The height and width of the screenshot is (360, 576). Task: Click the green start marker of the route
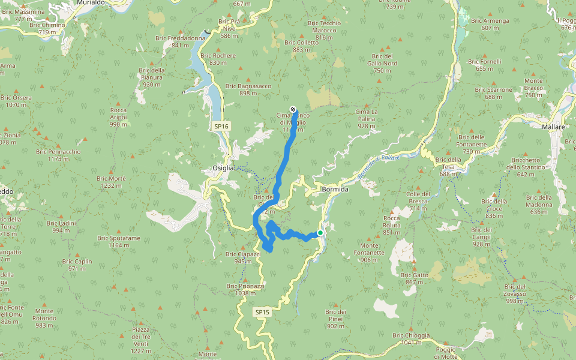(320, 233)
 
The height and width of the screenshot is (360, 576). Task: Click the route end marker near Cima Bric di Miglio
(293, 109)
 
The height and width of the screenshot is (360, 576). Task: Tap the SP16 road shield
(221, 127)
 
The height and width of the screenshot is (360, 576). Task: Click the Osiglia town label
(223, 168)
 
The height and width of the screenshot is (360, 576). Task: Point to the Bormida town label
(335, 189)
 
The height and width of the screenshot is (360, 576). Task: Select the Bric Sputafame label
(119, 241)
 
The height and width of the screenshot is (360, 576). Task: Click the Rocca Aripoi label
(118, 117)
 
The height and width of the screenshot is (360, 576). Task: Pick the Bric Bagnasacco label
(248, 89)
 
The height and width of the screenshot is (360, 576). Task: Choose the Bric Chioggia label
(411, 338)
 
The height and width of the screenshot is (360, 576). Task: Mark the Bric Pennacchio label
(58, 155)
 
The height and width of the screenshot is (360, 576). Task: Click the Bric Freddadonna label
(180, 41)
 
